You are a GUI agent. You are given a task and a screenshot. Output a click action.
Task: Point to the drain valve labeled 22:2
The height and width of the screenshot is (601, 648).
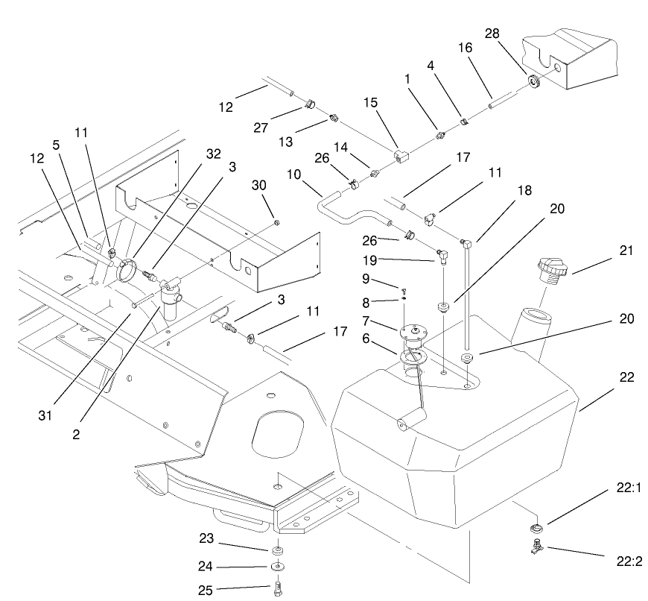pyautogui.click(x=534, y=547)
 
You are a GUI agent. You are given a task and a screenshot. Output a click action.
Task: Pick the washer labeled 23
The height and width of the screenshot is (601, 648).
pyautogui.click(x=278, y=550)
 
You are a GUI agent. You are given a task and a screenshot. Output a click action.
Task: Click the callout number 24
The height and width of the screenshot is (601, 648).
pyautogui.click(x=206, y=567)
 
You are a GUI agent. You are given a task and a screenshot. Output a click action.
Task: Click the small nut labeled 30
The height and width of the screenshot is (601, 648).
pyautogui.click(x=277, y=222)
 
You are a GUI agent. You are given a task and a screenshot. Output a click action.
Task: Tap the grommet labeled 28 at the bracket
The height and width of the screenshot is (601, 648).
pyautogui.click(x=533, y=81)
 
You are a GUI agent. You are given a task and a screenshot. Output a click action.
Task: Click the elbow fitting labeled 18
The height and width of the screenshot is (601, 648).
pyautogui.click(x=464, y=241)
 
